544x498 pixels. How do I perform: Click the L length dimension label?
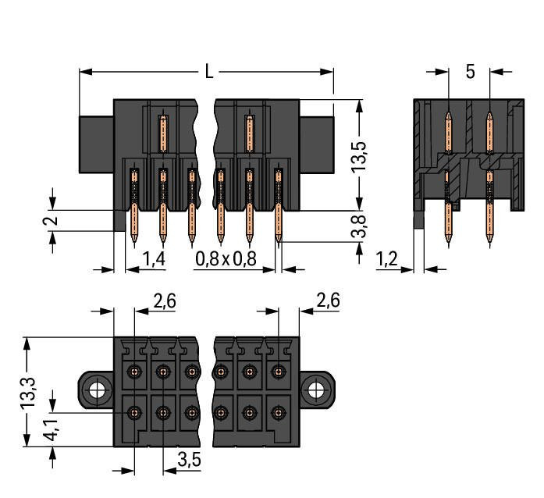[208, 72]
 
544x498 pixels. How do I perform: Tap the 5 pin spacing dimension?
[470, 72]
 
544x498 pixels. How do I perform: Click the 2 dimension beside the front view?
[52, 221]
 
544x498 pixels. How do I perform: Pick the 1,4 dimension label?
[155, 258]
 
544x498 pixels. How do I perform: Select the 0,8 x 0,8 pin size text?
[226, 258]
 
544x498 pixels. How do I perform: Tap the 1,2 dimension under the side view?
[389, 258]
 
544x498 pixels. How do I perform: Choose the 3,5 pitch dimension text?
[189, 460]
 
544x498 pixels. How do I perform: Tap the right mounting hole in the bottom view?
[316, 388]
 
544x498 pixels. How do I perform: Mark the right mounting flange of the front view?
[317, 144]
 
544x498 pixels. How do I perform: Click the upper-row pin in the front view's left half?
[163, 133]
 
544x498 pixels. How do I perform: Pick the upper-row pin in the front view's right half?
[249, 133]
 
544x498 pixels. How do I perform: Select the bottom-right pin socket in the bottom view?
[277, 411]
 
